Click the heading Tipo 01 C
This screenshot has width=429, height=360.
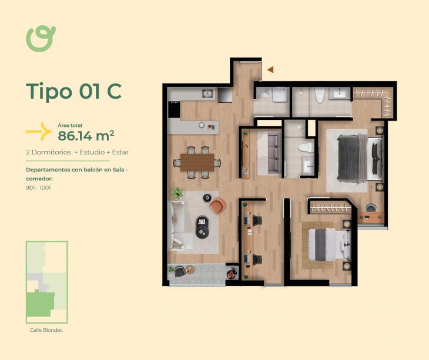click(x=73, y=91)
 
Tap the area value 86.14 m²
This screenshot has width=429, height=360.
click(x=86, y=136)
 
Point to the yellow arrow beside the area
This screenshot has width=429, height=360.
click(x=39, y=132)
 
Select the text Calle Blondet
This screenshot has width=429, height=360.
click(x=46, y=330)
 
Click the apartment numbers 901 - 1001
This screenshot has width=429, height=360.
click(x=38, y=188)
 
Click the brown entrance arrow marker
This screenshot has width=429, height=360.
click(x=270, y=70)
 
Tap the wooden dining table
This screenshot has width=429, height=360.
click(x=197, y=162)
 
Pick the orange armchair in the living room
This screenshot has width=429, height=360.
click(x=218, y=206)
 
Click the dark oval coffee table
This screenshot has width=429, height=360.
click(x=203, y=227)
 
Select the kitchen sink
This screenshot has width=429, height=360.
click(x=208, y=93)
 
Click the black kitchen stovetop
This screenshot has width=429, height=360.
click(x=174, y=109)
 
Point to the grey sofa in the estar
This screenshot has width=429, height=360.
click(x=274, y=153)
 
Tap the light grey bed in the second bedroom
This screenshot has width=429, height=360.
click(x=330, y=245)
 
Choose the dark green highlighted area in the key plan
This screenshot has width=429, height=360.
click(x=40, y=304)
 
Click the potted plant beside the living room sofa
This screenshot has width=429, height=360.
click(x=177, y=193)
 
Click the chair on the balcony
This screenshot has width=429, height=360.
click(x=179, y=271)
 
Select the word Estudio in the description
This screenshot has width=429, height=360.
click(x=92, y=152)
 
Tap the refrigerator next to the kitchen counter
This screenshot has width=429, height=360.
click(x=225, y=95)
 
